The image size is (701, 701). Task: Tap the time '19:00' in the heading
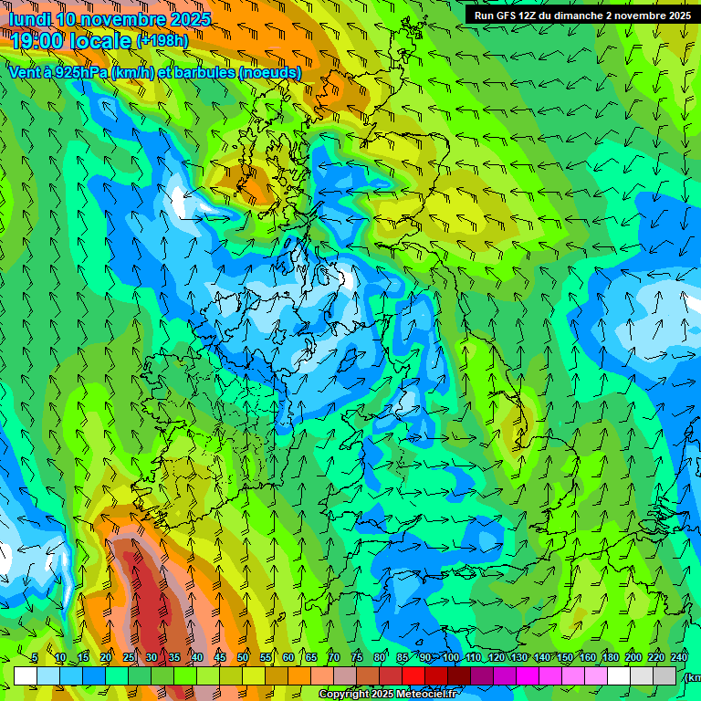click(x=36, y=41)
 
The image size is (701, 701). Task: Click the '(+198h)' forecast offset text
click(x=162, y=41)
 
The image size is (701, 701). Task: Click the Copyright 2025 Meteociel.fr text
click(x=386, y=695)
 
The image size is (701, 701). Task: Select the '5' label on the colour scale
click(x=35, y=658)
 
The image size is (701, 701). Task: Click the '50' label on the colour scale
click(x=243, y=658)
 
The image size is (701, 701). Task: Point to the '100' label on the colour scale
click(x=451, y=658)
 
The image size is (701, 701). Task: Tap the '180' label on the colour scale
click(x=609, y=658)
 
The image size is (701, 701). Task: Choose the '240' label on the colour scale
click(x=679, y=658)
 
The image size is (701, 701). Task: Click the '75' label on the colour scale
click(x=357, y=658)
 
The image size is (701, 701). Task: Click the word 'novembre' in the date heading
click(x=121, y=18)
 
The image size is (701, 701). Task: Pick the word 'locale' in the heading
click(x=99, y=41)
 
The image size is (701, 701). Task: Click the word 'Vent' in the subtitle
click(x=26, y=72)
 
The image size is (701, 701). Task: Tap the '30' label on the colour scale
click(x=151, y=658)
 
